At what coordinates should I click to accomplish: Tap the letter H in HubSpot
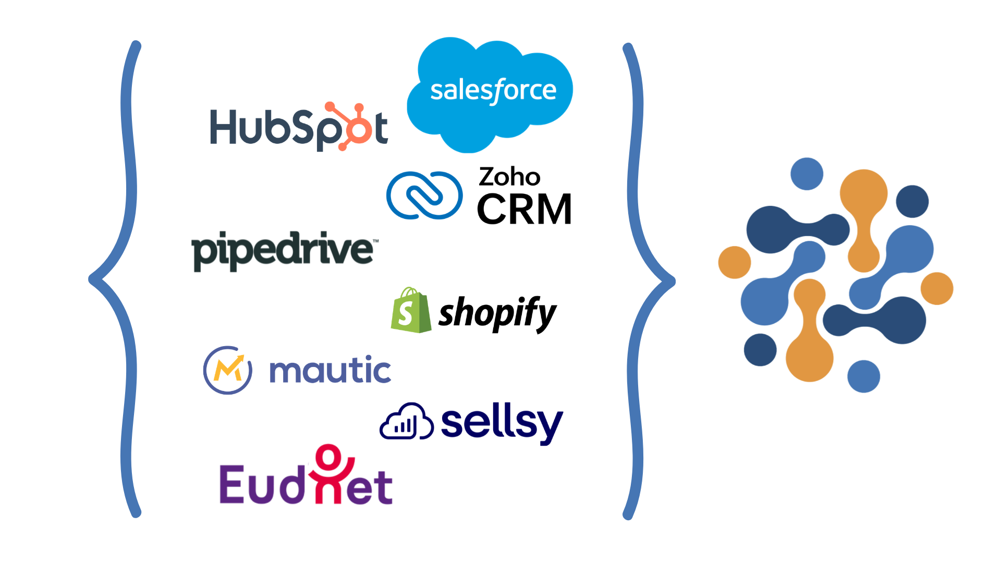(x=225, y=127)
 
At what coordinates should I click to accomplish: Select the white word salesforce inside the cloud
(x=493, y=91)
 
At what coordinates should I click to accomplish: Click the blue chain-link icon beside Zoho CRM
(x=424, y=195)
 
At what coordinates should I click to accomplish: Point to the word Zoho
(x=509, y=177)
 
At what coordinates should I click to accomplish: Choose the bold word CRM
(x=524, y=210)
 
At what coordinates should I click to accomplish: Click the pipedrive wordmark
(x=283, y=251)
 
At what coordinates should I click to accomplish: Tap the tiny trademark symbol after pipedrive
(x=376, y=240)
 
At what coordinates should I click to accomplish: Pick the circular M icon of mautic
(x=228, y=370)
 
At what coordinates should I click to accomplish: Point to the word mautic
(x=330, y=371)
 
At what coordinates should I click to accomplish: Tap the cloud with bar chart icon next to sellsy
(x=407, y=422)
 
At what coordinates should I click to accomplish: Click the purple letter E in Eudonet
(x=232, y=484)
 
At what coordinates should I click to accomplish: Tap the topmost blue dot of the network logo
(x=807, y=174)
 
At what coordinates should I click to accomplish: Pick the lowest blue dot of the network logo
(x=863, y=376)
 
